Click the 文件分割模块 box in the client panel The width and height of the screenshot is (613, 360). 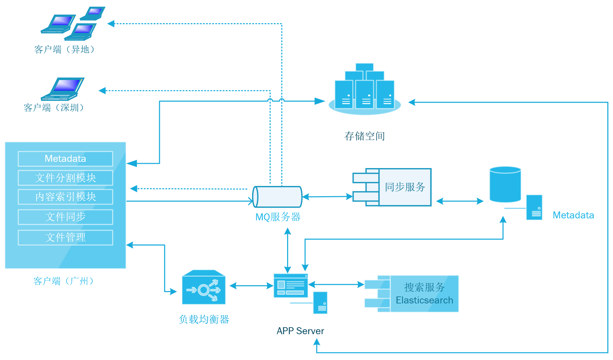[x=65, y=178]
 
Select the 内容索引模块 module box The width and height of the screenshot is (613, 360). [x=65, y=197]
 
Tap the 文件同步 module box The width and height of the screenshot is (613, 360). [x=65, y=217]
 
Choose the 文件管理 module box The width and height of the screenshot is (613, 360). [x=65, y=238]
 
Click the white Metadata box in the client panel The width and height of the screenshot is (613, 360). [x=65, y=159]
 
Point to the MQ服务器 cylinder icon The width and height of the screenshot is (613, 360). [x=277, y=197]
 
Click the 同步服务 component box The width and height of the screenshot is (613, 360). [x=404, y=187]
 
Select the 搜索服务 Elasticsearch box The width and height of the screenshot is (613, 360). [x=424, y=294]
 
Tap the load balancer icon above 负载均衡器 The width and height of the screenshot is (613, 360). [x=203, y=287]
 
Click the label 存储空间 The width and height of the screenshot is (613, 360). [x=365, y=136]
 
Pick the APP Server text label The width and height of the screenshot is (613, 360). [x=300, y=331]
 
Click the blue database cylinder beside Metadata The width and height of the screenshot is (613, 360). [x=505, y=184]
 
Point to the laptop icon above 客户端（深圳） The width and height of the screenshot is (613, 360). [x=63, y=89]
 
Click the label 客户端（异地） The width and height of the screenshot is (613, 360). [x=65, y=50]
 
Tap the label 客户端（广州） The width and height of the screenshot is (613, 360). [x=64, y=281]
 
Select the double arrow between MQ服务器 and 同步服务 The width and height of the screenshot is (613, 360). [x=328, y=197]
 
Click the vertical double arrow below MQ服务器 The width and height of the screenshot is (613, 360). [x=288, y=250]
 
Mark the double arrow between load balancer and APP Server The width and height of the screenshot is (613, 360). [x=251, y=286]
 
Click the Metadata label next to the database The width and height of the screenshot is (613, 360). [x=573, y=215]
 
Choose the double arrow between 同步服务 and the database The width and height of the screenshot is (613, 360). [x=460, y=201]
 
